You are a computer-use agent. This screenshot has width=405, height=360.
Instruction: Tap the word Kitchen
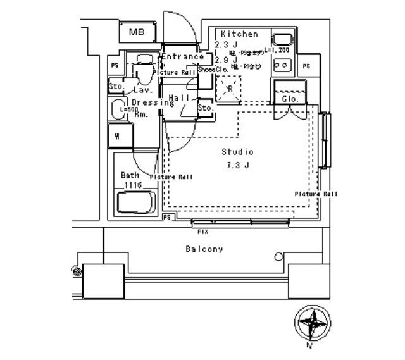[x=239, y=34]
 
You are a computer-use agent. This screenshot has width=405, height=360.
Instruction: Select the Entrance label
[x=183, y=57]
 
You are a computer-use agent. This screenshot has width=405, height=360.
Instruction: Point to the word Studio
[x=237, y=152]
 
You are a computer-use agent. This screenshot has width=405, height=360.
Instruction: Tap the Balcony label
[x=204, y=249]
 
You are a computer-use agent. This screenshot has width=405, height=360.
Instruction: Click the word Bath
[x=130, y=176]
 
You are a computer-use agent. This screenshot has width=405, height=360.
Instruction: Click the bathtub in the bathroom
[x=135, y=204]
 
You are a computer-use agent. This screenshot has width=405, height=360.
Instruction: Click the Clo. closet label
[x=290, y=99]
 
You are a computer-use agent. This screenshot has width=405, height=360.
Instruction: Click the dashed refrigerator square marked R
[x=229, y=89]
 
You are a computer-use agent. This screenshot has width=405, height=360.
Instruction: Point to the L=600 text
[x=128, y=109]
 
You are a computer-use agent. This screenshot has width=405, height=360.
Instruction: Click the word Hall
[x=179, y=98]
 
